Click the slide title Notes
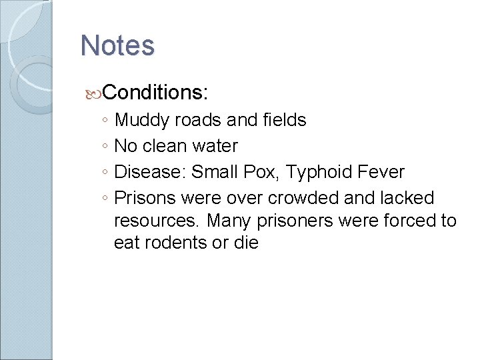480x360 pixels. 117,45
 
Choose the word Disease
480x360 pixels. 149,172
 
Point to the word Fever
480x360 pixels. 381,172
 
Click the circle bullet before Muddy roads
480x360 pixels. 105,121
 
